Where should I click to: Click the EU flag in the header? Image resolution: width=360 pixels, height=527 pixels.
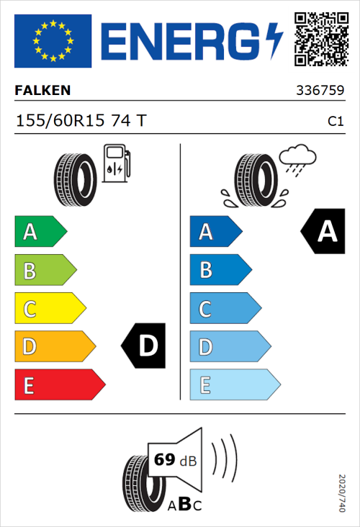(53, 41)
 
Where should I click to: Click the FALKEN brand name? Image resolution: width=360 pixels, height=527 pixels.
(42, 91)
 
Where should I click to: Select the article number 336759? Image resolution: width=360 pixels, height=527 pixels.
(319, 91)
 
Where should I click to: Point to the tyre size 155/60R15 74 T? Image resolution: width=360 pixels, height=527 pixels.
(81, 121)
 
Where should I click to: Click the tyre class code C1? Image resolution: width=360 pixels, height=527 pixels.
(335, 122)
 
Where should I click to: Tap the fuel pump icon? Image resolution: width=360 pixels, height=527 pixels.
(117, 163)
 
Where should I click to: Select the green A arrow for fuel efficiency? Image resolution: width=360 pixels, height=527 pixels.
(40, 232)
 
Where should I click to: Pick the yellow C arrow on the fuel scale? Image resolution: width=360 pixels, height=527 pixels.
(50, 309)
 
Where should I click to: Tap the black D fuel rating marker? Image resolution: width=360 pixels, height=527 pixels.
(145, 346)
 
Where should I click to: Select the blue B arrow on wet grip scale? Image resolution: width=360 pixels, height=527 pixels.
(220, 270)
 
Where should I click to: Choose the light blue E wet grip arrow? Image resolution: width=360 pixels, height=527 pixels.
(234, 385)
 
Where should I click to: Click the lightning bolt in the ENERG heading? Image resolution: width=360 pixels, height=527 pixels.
(274, 41)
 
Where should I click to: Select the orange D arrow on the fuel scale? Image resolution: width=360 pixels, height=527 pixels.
(55, 347)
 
